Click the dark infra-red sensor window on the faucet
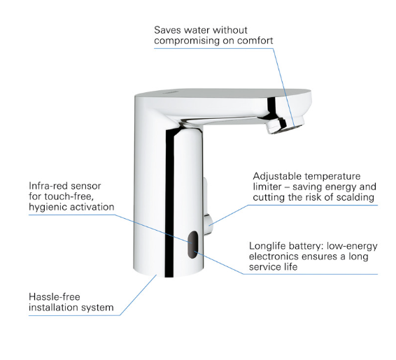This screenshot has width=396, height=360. coord(192,245)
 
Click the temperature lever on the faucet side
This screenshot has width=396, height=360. coord(208,206)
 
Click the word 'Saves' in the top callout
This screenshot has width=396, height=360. coord(167,30)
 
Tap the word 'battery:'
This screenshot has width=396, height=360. coord(306,246)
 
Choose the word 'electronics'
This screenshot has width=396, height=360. coord(274,257)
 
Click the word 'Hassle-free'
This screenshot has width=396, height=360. coord(55,297)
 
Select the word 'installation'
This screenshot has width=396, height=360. coord(50,308)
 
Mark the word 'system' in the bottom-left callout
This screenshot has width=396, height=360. coord(94,308)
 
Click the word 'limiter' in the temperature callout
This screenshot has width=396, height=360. coord(267,187)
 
